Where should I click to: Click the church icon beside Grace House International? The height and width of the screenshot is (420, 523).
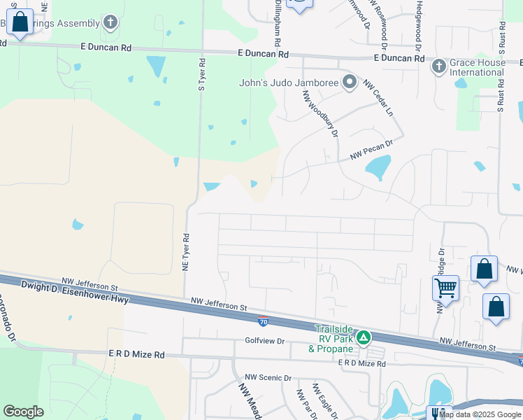[x=438, y=66]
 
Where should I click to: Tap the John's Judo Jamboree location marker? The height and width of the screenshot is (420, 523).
[x=350, y=83]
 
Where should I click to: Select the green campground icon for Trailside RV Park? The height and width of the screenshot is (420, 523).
[x=363, y=338]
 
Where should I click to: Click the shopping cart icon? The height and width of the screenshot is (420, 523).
[x=445, y=287]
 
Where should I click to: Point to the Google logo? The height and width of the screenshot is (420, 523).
[x=23, y=412]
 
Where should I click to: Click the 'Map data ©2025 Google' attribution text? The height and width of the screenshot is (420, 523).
[x=480, y=414]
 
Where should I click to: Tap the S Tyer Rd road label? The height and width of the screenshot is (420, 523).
[x=201, y=75]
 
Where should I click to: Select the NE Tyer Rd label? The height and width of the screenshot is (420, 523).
[x=186, y=252]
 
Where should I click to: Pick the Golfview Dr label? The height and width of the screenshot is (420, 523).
[x=265, y=341]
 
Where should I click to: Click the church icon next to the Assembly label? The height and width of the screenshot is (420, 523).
[x=110, y=23]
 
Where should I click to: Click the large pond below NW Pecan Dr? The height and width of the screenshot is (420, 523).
[x=378, y=167]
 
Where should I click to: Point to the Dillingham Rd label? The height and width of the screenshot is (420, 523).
[x=276, y=21]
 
